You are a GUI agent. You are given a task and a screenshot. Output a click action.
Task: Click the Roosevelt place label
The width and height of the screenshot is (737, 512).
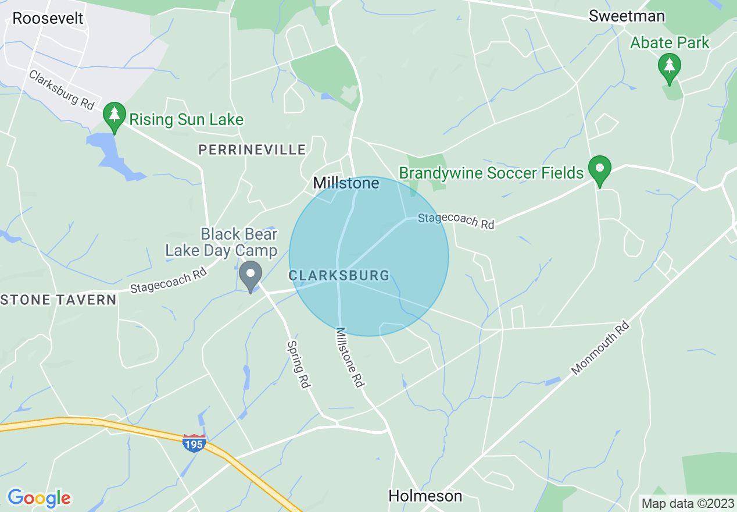click(x=48, y=18)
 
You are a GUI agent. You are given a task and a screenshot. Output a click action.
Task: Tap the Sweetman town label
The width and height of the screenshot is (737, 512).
click(x=627, y=16)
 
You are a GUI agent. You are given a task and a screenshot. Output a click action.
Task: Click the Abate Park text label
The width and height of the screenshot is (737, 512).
click(x=670, y=42)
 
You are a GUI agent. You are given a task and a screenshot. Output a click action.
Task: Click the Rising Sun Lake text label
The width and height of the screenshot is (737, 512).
click(x=186, y=120)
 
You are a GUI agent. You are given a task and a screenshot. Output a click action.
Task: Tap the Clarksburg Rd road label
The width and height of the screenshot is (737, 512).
click(x=62, y=90)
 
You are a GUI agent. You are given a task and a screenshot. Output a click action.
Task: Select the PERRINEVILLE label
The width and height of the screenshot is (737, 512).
click(x=252, y=150)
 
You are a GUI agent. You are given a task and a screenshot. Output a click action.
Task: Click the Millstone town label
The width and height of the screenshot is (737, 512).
click(x=346, y=183)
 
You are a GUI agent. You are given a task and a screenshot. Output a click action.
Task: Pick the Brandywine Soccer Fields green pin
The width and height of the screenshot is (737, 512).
click(x=599, y=169)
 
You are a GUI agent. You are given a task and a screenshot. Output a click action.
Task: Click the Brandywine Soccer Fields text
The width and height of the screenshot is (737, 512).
click(x=491, y=173)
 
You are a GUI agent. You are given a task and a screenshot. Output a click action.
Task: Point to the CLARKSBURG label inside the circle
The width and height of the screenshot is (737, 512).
click(x=339, y=275)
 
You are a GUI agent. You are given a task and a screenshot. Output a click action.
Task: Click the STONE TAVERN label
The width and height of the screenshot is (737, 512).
click(x=58, y=300)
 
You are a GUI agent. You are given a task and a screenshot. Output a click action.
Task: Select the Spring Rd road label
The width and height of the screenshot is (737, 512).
click(x=298, y=364)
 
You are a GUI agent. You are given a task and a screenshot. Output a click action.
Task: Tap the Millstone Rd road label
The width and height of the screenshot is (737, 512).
click(x=350, y=357)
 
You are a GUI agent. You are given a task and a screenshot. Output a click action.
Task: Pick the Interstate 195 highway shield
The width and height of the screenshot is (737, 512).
click(x=194, y=443)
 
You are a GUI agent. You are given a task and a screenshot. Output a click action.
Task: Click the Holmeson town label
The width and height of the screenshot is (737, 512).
click(x=425, y=496)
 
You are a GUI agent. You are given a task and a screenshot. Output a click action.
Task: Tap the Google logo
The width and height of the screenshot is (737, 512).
click(x=39, y=498)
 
